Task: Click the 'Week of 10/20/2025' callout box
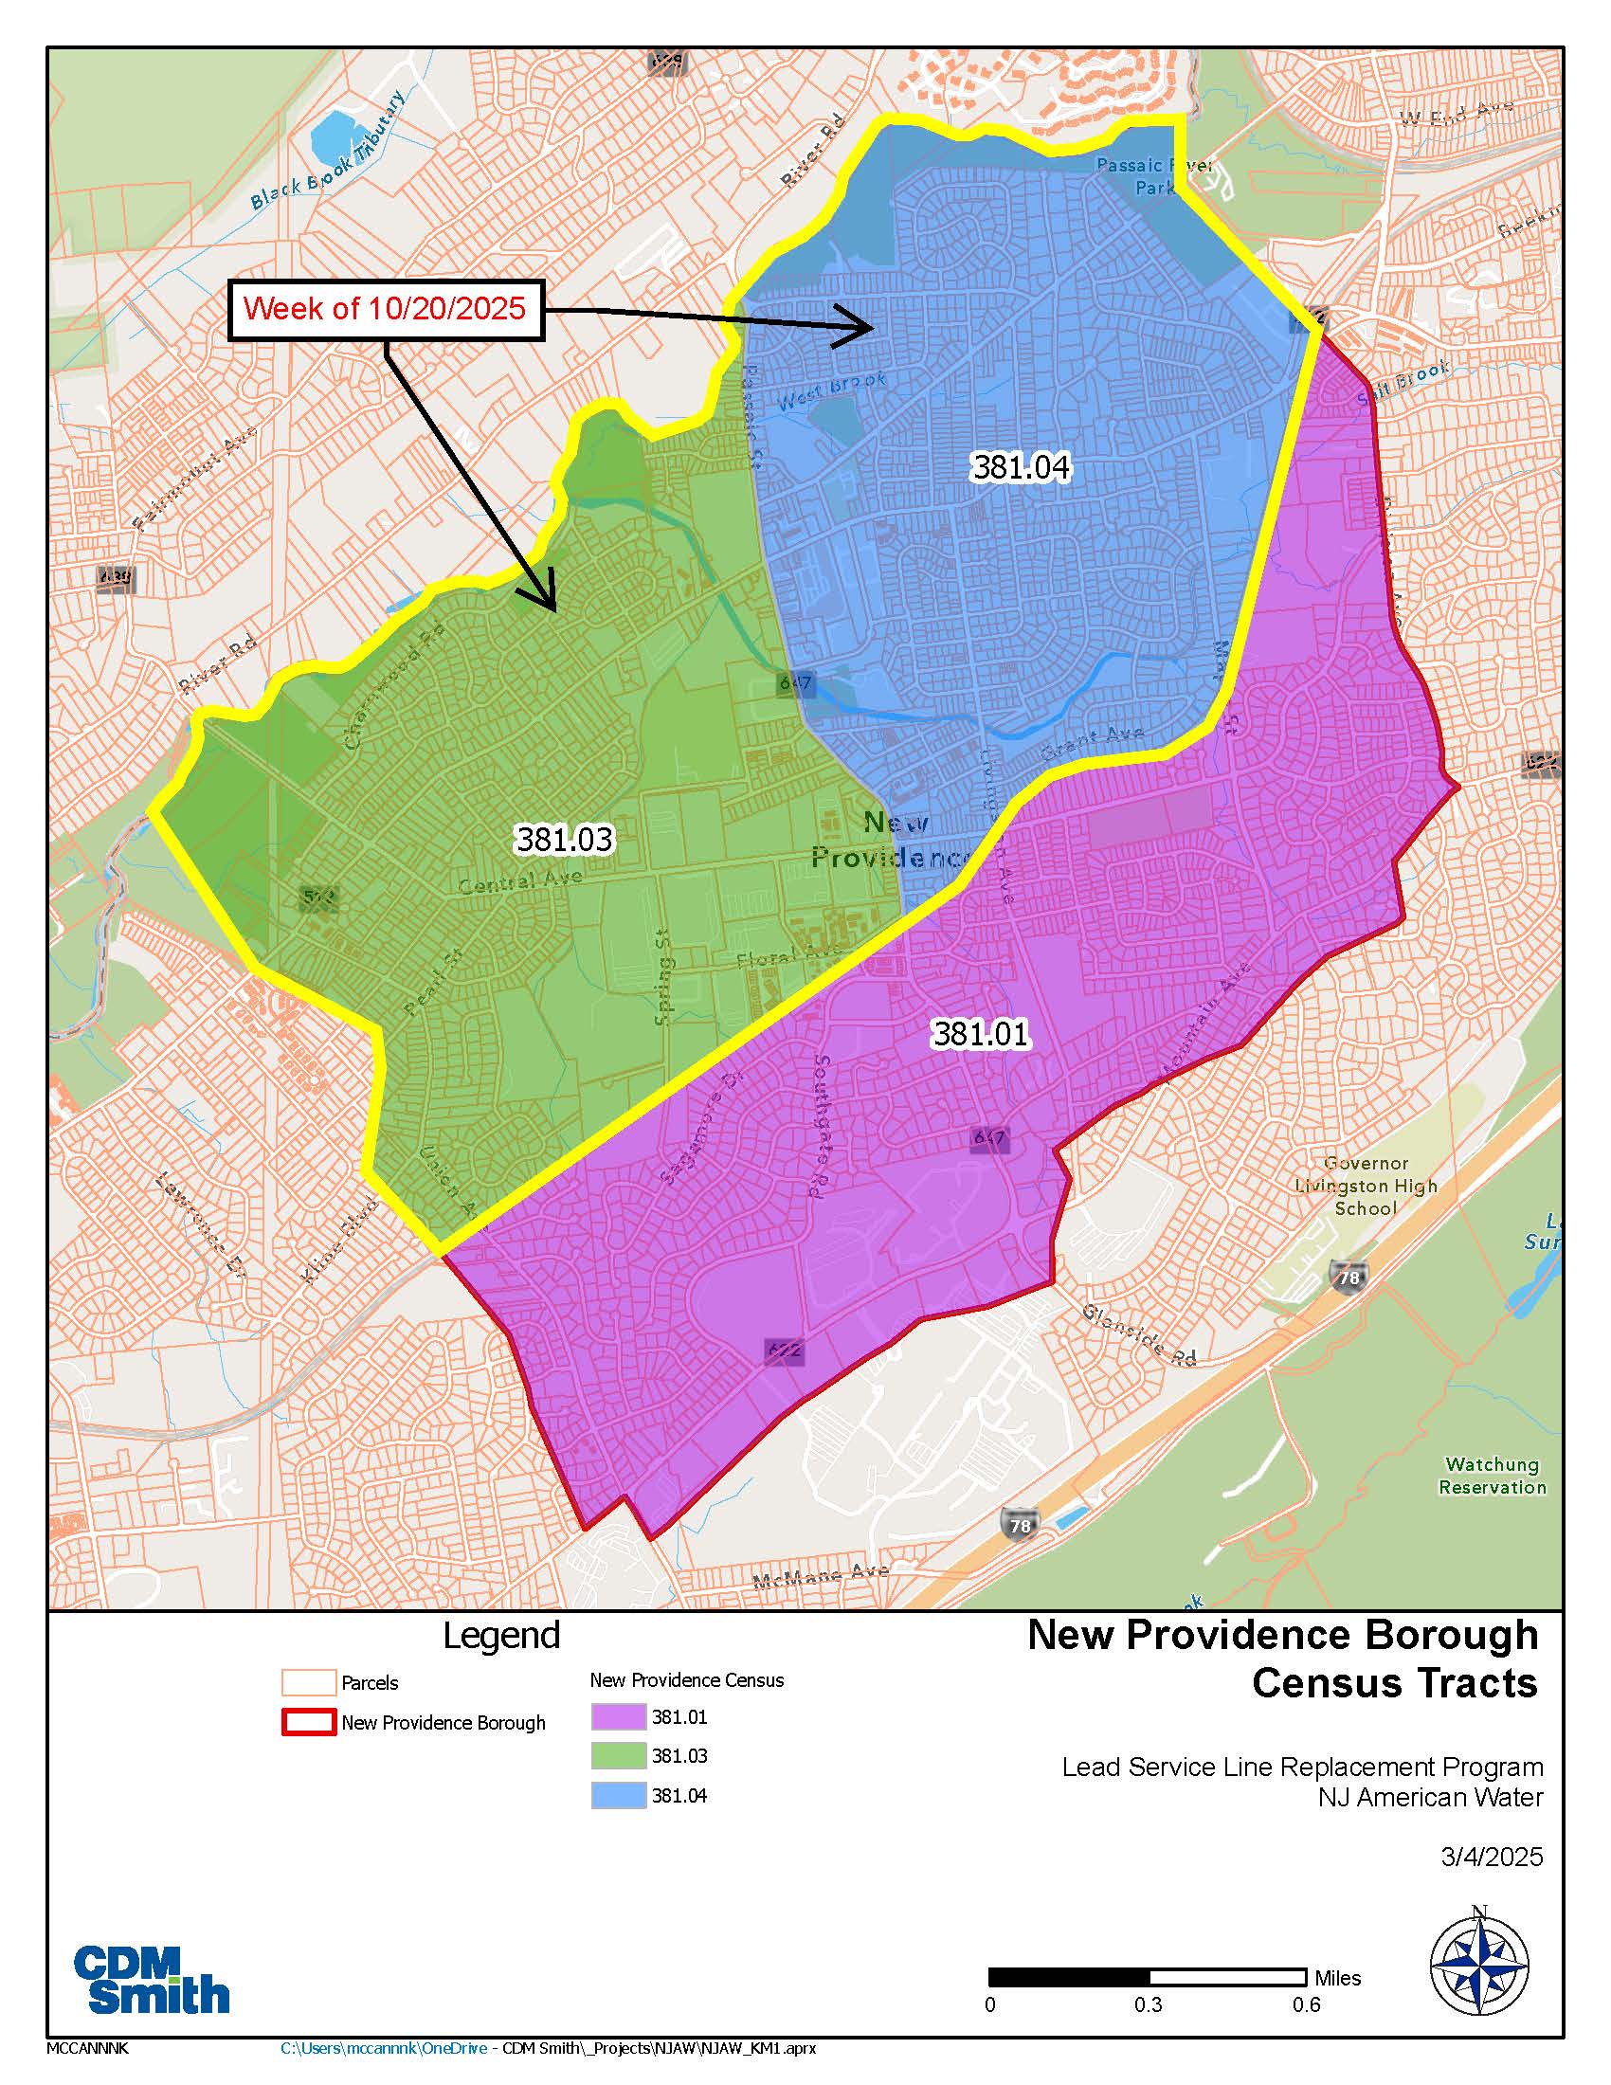(385, 309)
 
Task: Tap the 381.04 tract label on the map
(1021, 467)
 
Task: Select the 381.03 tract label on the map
(564, 839)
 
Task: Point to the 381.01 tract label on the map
(980, 1034)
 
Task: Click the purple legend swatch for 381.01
(618, 1717)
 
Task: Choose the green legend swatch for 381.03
(618, 1756)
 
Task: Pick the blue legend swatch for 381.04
(618, 1796)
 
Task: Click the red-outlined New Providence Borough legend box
(308, 1723)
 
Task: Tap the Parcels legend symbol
(308, 1683)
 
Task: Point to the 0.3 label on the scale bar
(1149, 2004)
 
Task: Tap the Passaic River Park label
(1154, 176)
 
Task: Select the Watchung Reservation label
(1492, 1475)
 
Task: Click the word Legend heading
(501, 1636)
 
